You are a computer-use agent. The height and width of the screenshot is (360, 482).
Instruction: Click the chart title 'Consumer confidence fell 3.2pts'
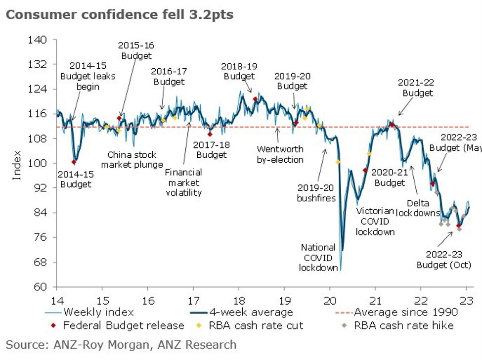(119, 15)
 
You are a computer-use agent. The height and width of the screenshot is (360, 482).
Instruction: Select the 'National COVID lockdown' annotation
(318, 257)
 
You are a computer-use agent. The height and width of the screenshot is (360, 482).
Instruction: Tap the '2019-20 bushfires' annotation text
(316, 193)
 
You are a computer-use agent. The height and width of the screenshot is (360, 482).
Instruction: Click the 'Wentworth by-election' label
(280, 154)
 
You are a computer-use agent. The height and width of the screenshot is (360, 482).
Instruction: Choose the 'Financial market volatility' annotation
(183, 182)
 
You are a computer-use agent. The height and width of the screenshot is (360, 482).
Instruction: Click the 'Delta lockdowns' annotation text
(423, 208)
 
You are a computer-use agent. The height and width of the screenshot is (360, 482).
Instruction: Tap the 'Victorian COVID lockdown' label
(375, 222)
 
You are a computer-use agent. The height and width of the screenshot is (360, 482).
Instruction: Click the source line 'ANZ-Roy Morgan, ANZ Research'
(121, 344)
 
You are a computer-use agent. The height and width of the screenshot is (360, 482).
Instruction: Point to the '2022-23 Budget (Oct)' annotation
(443, 260)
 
